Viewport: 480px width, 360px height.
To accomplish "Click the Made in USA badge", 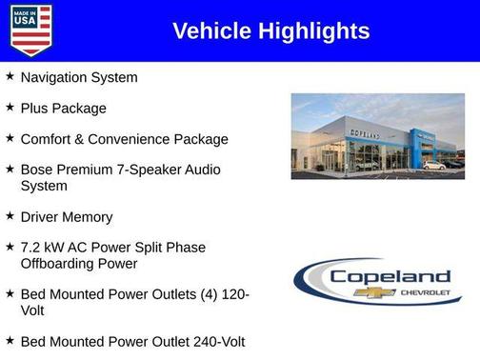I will coord(30,30).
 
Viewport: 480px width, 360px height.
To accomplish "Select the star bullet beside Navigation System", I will coord(10,76).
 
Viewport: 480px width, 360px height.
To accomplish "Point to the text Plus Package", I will coord(63,109).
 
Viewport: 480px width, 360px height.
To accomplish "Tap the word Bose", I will coord(37,170).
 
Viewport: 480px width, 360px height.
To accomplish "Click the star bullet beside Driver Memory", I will coord(10,216).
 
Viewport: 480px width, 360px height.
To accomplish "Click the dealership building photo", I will coord(377,137).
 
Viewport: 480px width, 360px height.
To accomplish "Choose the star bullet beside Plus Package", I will coord(10,108).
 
